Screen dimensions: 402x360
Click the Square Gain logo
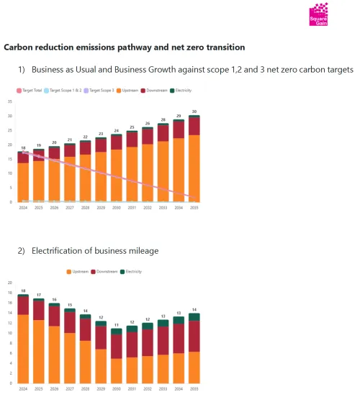coord(318,14)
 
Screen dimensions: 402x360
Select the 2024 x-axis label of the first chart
coord(24,208)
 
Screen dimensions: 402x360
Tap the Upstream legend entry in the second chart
coord(78,272)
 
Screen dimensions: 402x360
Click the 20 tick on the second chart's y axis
coord(10,283)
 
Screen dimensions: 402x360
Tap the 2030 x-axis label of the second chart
coord(117,388)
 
